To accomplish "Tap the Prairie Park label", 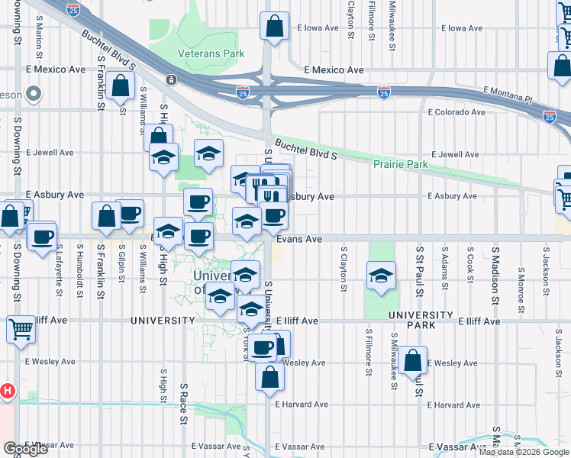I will coord(400,165).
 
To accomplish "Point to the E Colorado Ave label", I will coord(456,112).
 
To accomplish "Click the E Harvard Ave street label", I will coord(302,405).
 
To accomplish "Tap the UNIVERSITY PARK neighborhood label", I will coord(421,320).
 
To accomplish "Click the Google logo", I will coord(25,449).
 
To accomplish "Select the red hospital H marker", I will coord(7,392).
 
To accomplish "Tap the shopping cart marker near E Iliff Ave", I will coord(21,329).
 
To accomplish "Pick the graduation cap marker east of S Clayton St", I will coord(380,276).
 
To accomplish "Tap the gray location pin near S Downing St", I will coord(32,94).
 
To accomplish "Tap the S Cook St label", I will coord(469,266).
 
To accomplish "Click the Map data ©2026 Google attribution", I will coord(523,452).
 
